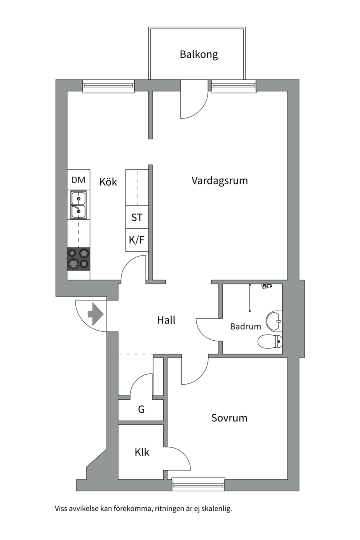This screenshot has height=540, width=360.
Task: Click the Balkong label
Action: [199, 55]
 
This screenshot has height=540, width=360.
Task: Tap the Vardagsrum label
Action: [220, 181]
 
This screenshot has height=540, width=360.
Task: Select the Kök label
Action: [108, 182]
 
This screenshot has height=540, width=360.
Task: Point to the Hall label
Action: [166, 320]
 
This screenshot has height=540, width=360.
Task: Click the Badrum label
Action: [246, 326]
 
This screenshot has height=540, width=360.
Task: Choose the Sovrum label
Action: [229, 418]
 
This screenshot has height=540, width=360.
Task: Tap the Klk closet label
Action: [142, 452]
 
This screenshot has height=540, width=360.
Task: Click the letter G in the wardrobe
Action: [141, 409]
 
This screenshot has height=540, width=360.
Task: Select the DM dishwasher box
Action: [79, 179]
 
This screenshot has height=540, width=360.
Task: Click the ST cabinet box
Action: [137, 217]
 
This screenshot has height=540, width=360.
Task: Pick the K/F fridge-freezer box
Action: [137, 240]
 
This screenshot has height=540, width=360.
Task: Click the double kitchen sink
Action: [79, 205]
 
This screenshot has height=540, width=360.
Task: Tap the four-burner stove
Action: [79, 259]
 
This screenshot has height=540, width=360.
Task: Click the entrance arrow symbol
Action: [96, 314]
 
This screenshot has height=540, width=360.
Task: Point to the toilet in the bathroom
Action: [271, 341]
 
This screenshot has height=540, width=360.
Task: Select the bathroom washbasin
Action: [275, 320]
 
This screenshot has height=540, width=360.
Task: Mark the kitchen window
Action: [108, 86]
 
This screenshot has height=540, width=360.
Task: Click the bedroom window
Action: [199, 484]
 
